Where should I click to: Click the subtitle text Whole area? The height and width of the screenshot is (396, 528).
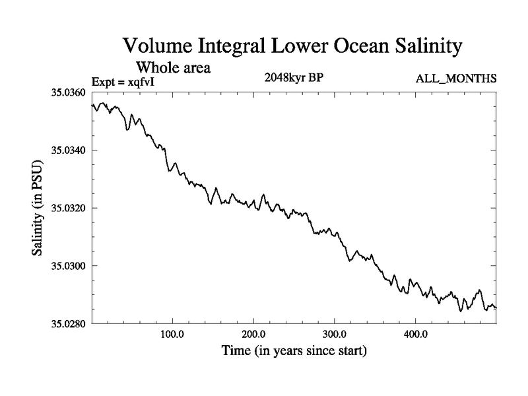(x=173, y=67)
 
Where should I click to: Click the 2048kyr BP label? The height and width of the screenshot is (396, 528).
(x=293, y=78)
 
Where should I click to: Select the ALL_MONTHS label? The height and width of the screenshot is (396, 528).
(x=455, y=79)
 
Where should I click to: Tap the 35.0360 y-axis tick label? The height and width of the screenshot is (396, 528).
(x=68, y=92)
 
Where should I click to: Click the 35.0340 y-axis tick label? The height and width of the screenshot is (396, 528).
(x=68, y=150)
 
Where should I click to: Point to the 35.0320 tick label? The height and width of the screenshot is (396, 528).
(x=68, y=208)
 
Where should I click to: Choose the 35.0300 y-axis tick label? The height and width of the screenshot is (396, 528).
(x=68, y=266)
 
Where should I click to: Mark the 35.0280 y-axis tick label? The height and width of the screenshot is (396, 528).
(x=68, y=323)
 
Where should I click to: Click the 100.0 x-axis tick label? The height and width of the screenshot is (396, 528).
(x=172, y=334)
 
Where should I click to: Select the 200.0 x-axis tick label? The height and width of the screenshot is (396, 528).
(x=253, y=334)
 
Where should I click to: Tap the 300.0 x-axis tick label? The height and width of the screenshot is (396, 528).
(x=335, y=334)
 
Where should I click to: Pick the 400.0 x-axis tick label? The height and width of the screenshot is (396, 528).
(x=416, y=334)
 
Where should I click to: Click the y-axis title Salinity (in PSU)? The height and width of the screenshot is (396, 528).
(x=38, y=208)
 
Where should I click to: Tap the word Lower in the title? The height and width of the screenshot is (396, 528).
(x=290, y=48)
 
